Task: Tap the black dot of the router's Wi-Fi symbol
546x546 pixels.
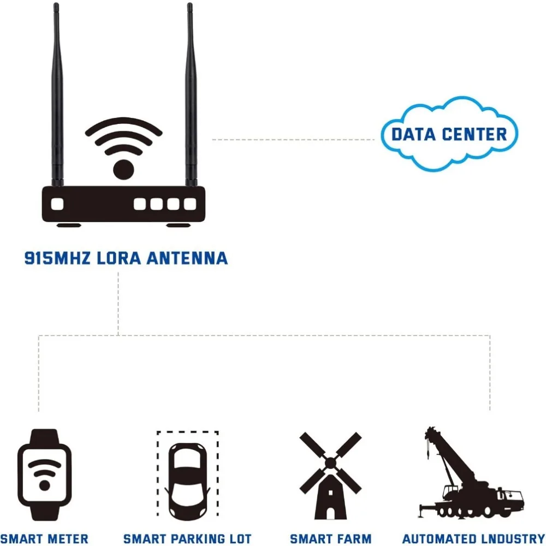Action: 123,168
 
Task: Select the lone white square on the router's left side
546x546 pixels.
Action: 57,204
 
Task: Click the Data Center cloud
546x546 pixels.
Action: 449,133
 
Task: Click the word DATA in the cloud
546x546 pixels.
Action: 413,134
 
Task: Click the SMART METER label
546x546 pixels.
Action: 45,539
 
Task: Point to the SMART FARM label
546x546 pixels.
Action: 330,539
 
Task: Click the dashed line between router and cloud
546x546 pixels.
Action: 295,140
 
